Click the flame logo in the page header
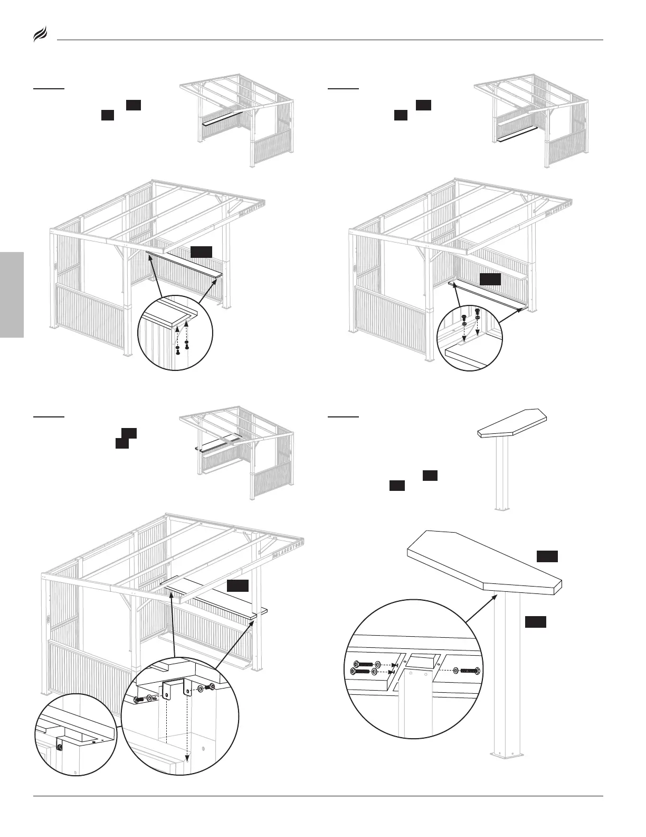pos(41,35)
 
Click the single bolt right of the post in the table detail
pos(469,671)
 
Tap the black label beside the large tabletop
pos(547,556)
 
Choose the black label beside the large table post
pos(535,622)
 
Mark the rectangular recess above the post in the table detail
pos(422,661)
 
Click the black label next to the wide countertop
pos(237,586)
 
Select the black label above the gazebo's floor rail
pos(490,280)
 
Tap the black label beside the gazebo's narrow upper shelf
pos(201,252)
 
